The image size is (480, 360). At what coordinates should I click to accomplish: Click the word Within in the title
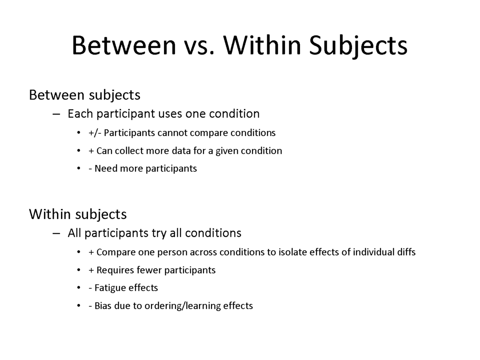(x=262, y=45)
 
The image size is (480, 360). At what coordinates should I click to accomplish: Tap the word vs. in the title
(x=199, y=48)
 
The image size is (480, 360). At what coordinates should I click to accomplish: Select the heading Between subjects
(x=85, y=95)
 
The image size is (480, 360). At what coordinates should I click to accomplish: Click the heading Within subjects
(x=78, y=214)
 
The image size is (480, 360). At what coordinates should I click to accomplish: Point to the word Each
(x=80, y=114)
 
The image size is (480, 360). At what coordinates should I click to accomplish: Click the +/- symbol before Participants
(x=95, y=133)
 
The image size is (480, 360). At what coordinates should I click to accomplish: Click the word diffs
(x=406, y=252)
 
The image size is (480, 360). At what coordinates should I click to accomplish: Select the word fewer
(x=149, y=270)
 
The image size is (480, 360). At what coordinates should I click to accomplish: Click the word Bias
(x=103, y=306)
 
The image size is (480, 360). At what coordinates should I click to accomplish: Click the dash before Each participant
(x=56, y=114)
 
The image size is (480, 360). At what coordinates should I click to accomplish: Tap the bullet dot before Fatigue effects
(x=79, y=288)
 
